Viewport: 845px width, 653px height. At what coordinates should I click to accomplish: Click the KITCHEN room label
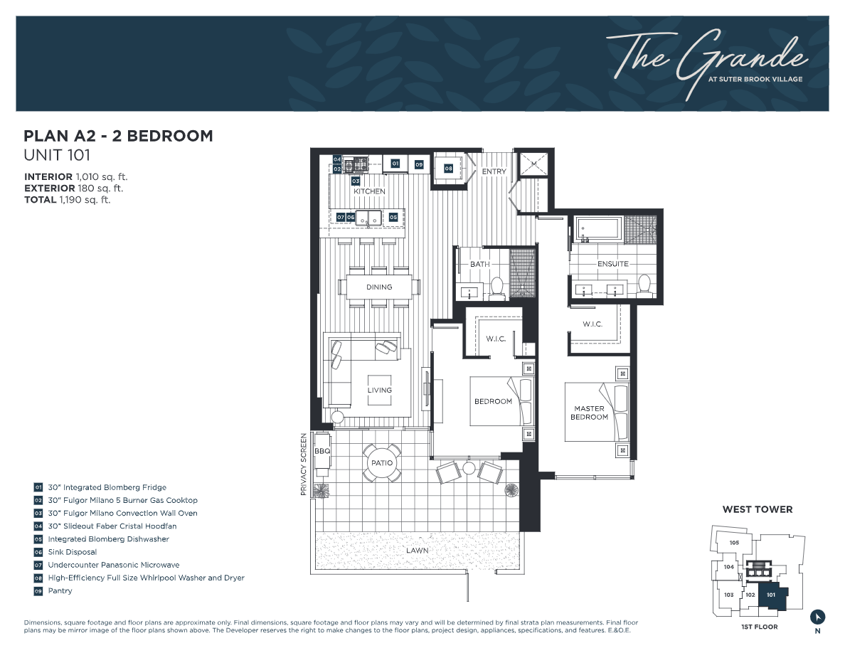tap(369, 191)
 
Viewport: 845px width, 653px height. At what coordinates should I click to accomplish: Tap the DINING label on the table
tap(379, 287)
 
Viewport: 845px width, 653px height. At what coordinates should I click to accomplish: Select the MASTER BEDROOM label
tap(589, 413)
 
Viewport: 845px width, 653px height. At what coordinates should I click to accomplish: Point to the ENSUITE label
tap(612, 264)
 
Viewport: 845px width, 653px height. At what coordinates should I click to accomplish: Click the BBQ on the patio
tap(322, 451)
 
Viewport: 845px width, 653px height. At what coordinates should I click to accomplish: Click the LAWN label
tap(418, 551)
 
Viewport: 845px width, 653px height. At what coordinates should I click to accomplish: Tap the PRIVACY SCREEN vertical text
tap(304, 464)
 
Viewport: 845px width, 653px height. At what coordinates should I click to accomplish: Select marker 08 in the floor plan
tap(448, 169)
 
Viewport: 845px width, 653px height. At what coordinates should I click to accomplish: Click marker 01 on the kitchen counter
tap(395, 164)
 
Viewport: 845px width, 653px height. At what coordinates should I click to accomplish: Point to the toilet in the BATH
tap(496, 286)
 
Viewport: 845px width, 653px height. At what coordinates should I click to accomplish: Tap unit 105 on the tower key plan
tap(734, 543)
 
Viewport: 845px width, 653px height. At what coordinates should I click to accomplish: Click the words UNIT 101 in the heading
tap(57, 155)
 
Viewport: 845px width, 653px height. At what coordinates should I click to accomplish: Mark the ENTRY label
tap(494, 171)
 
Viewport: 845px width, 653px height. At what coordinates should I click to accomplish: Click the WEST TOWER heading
tap(757, 509)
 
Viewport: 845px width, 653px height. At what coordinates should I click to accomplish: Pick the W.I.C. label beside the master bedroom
tap(592, 324)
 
